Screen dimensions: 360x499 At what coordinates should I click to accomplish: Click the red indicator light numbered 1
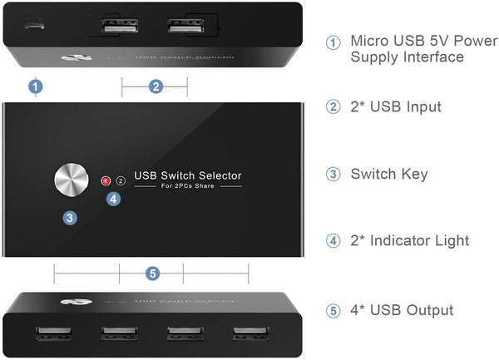coord(106,180)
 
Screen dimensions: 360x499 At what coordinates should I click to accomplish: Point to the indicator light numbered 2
coord(120,180)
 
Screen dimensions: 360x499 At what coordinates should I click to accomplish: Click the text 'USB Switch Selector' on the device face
coord(188,175)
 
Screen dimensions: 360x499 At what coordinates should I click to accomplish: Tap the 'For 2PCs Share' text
coord(188,188)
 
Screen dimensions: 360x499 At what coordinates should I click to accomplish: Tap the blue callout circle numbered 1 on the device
coord(36,85)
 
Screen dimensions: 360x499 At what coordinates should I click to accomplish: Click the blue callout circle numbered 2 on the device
coord(155,85)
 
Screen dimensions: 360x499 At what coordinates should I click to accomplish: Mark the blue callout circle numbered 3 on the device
coord(71,218)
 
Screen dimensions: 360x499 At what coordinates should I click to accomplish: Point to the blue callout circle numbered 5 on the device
coord(151,273)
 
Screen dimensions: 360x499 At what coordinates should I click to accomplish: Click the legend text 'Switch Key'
coord(388,174)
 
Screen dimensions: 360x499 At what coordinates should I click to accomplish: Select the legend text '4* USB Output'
coord(402,310)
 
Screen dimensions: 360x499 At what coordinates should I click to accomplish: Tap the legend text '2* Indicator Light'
coord(409,240)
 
